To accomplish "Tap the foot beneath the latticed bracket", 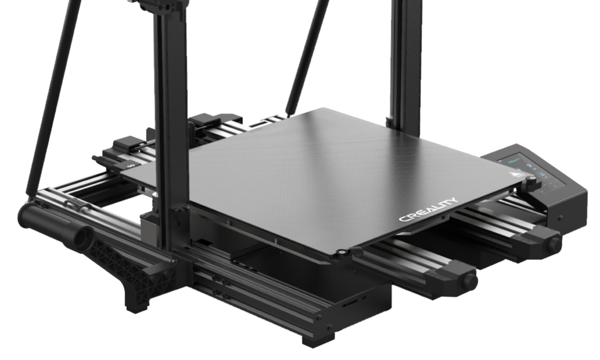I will (136, 303).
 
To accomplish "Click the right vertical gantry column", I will (404, 59).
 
